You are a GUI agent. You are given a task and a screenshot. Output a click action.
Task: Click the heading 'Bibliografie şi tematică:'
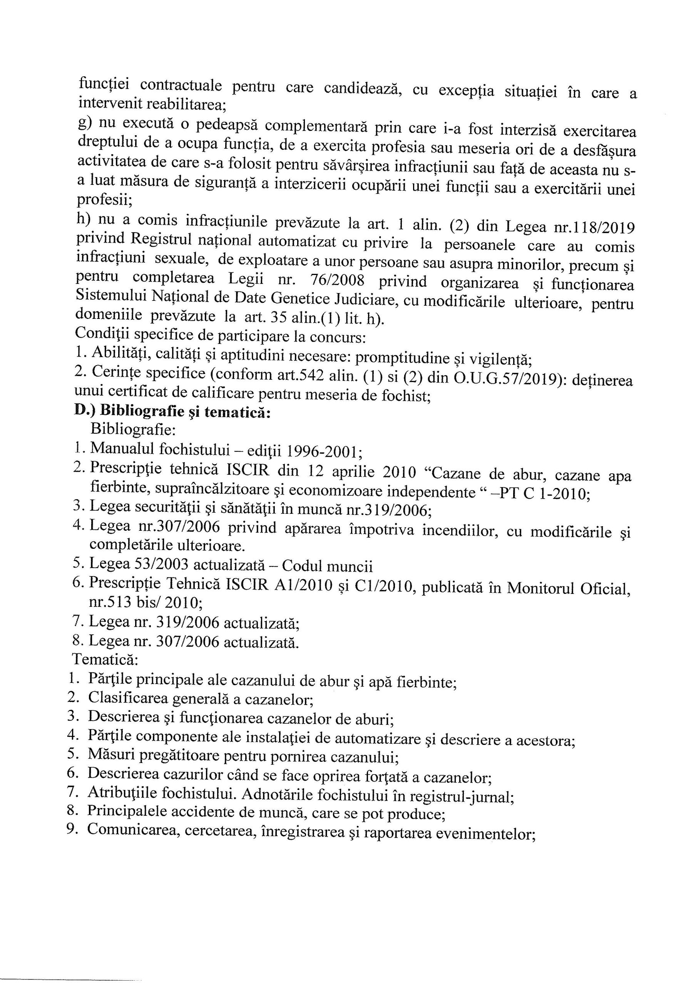tap(185, 411)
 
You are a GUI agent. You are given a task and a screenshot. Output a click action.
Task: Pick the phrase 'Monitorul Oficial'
tap(568, 588)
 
